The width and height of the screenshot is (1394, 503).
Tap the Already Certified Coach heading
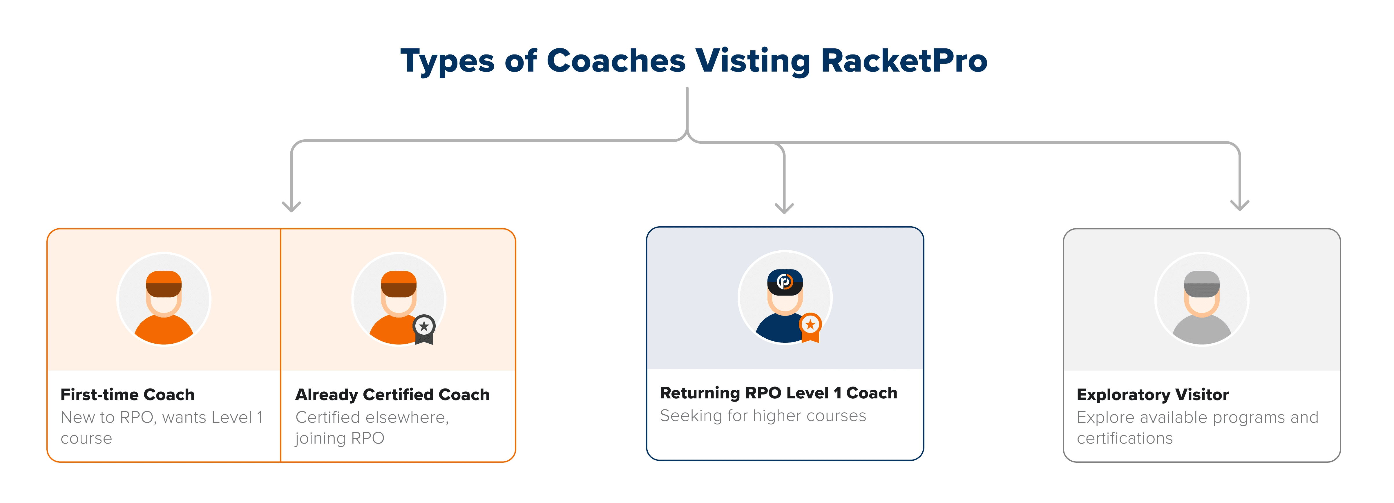[392, 395]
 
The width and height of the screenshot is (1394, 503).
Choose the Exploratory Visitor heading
[1153, 395]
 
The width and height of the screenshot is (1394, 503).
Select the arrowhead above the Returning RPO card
[784, 208]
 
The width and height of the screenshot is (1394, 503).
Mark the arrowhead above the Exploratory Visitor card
[1240, 205]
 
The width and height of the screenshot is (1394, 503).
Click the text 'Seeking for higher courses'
[763, 415]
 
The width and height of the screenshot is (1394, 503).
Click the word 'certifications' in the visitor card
[1125, 438]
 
